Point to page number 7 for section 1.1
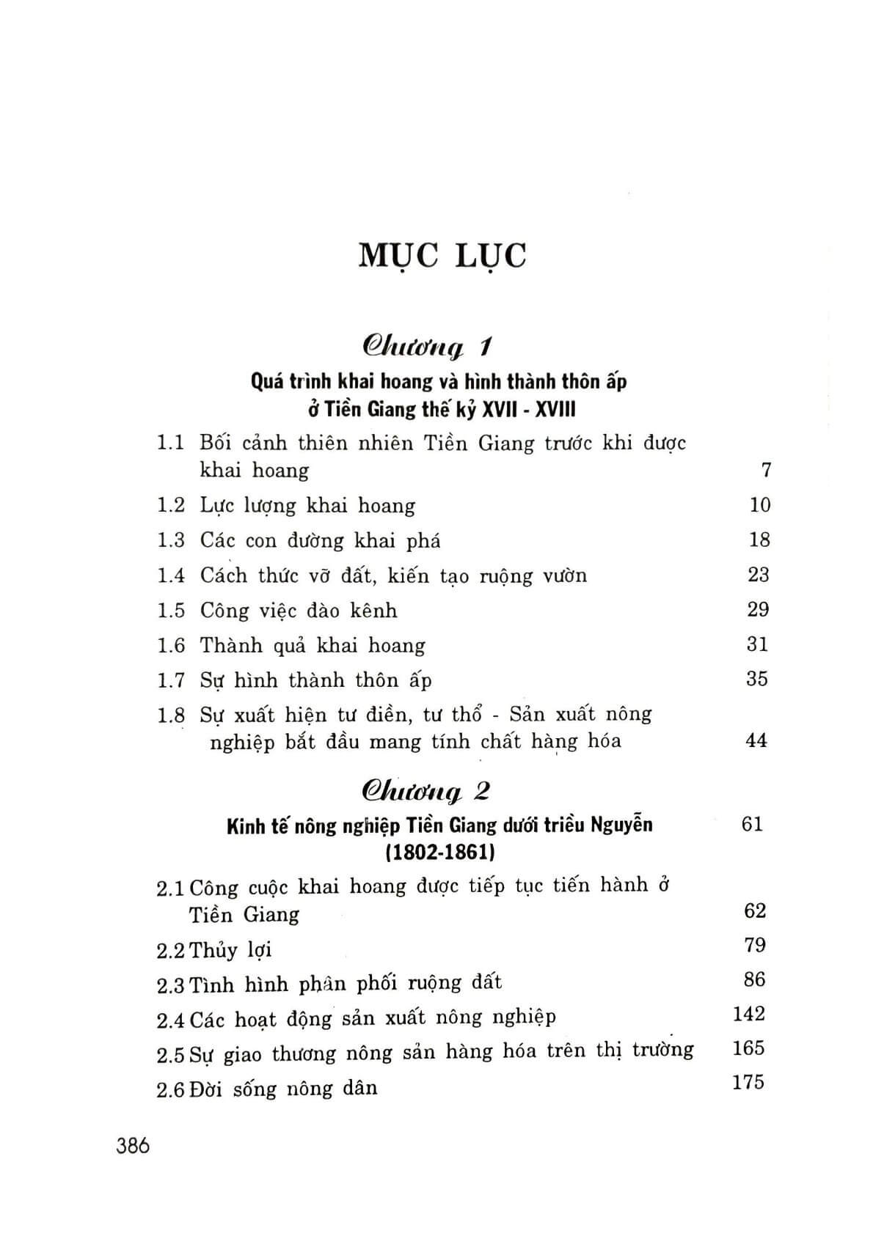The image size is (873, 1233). point(766,470)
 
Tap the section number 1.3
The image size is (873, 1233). point(170,540)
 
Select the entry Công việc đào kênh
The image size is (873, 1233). point(299,610)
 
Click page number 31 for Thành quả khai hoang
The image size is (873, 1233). point(757,644)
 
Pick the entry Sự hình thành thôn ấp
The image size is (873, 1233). point(315,680)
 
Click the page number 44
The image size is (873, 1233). point(756,740)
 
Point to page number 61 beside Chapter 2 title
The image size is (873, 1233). point(752,824)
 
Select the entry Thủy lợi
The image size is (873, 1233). point(230,950)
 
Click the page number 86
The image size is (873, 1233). point(754,979)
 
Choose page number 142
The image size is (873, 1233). point(748,1014)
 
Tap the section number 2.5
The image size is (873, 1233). point(170,1055)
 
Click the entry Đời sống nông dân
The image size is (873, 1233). point(283,1088)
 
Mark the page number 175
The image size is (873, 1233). point(748,1082)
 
